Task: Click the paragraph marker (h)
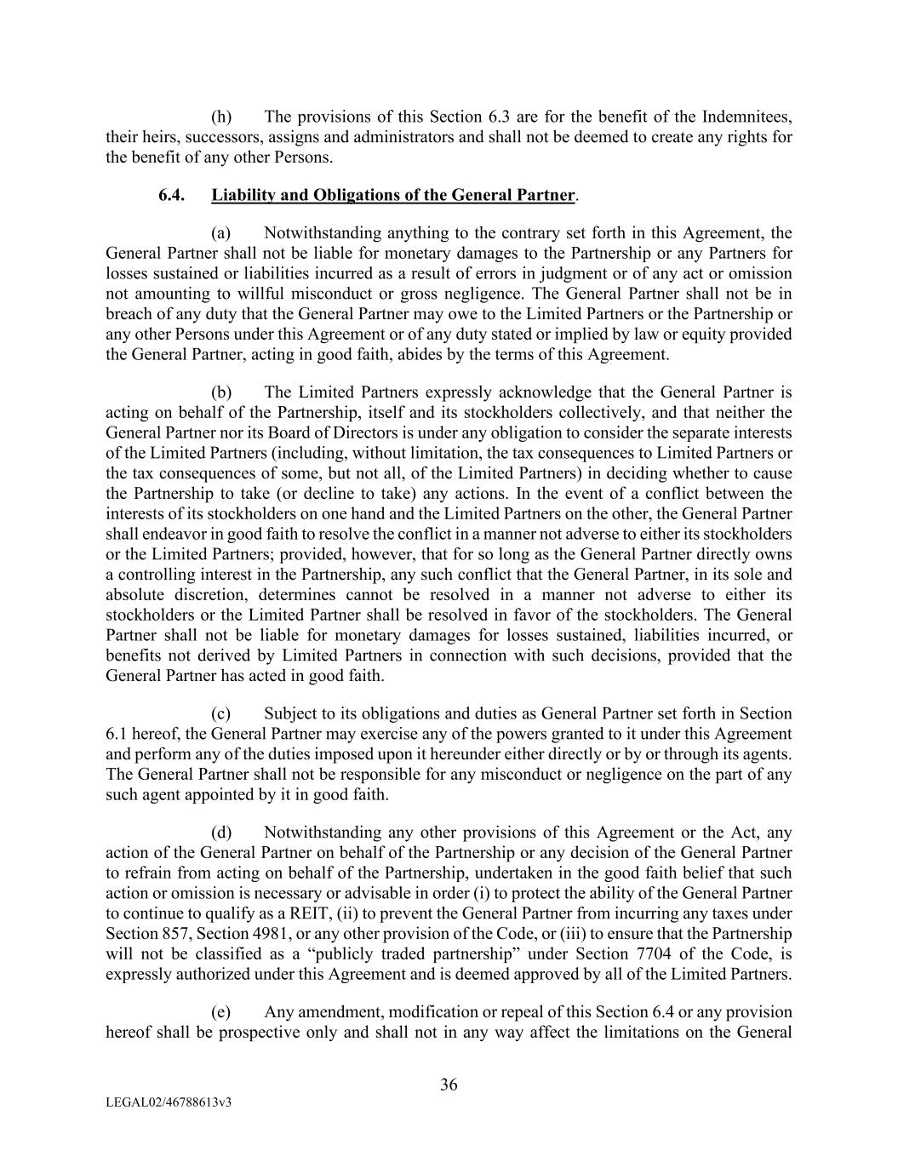pos(221,117)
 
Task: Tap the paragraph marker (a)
pos(221,233)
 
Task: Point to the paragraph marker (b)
pos(221,392)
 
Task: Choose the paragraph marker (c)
pos(221,713)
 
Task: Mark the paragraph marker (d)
pos(221,833)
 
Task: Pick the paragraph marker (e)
pos(221,1012)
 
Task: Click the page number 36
pos(449,1085)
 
